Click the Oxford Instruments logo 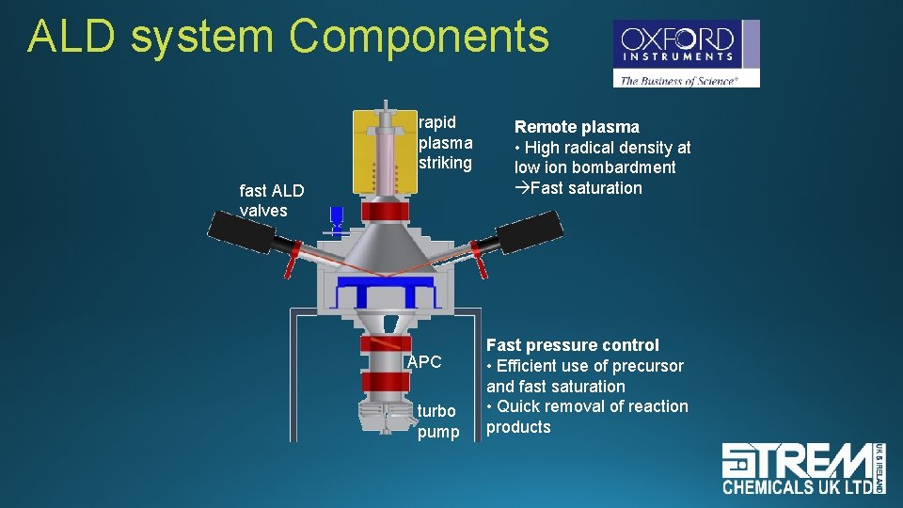pos(686,54)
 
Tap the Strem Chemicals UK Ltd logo pos(803,468)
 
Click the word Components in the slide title pos(419,37)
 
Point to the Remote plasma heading pos(577,127)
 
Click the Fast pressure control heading pos(572,345)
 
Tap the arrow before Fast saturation pos(521,188)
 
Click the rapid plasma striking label pos(445,142)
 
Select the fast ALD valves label pos(272,200)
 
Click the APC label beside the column pos(424,362)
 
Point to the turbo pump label pos(437,421)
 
